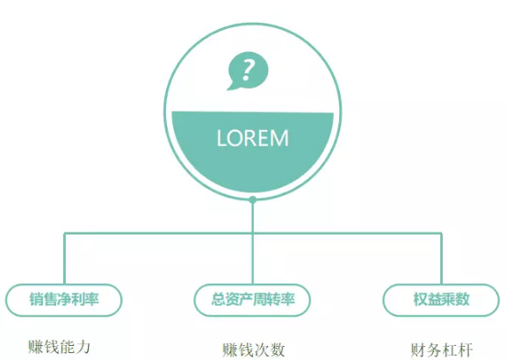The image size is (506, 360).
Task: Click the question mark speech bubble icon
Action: coord(248,70)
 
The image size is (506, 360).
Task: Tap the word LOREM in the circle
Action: coord(253,139)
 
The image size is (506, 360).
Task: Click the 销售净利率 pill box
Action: coord(63,300)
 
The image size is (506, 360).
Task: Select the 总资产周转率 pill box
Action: coord(252,300)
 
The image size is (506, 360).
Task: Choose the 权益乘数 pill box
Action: coord(441,300)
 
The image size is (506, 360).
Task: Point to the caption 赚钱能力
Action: coord(59,348)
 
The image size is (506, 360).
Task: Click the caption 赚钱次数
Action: coord(254,350)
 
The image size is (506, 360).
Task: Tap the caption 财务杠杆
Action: coord(442,350)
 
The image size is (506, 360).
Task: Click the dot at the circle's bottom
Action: coord(253,200)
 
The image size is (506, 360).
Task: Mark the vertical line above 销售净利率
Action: coord(64,258)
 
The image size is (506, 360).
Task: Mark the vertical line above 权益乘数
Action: coord(441,258)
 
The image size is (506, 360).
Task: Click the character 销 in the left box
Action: coord(36,299)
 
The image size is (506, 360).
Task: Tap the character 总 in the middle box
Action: coord(218,299)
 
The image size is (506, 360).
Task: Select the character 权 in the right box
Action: coord(421,299)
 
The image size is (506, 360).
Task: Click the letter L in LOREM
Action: coord(221,139)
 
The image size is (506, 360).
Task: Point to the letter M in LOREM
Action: coord(279,139)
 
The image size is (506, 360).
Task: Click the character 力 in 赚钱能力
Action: coord(83,348)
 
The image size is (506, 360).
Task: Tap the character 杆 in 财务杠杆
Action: coord(466,350)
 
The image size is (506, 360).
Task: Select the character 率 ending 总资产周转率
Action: coord(287,299)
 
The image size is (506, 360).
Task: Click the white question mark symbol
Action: coord(248,70)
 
